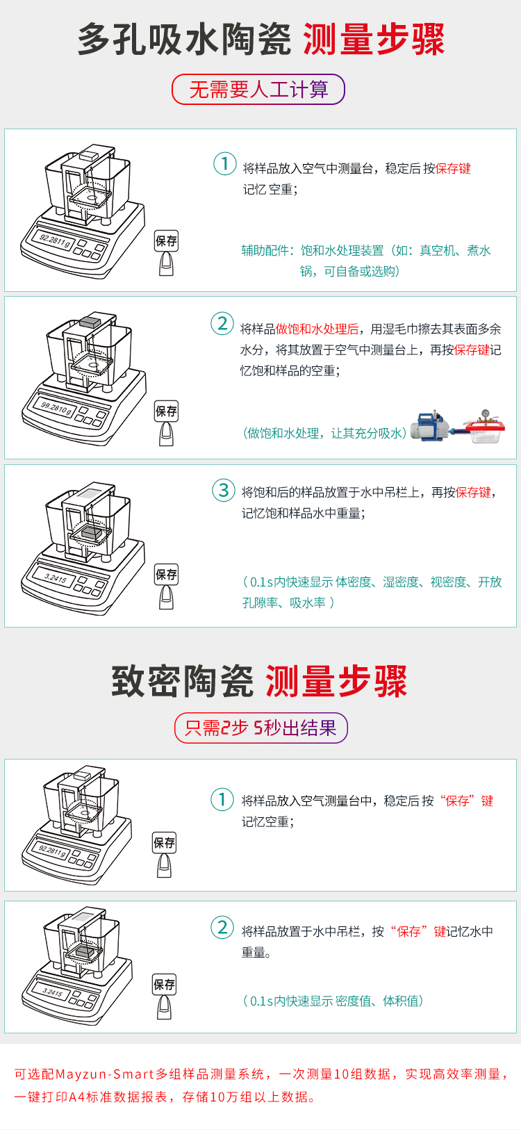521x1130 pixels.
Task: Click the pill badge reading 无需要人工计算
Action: [258, 89]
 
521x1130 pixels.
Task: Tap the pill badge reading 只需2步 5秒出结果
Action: [260, 728]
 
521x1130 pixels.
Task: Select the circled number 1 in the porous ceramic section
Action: [224, 163]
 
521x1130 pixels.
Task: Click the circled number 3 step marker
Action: [224, 490]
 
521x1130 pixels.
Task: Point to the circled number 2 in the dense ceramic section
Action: [222, 927]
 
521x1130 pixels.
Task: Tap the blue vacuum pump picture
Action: [433, 425]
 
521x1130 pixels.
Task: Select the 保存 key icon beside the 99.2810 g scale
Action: [166, 424]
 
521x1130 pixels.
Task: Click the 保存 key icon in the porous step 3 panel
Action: [166, 587]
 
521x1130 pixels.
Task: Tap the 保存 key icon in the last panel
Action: [164, 997]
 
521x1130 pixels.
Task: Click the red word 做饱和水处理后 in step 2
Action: [317, 329]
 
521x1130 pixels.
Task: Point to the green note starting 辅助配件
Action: [365, 261]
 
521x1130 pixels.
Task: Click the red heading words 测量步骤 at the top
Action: [374, 39]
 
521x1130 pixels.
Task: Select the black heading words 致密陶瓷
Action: [183, 681]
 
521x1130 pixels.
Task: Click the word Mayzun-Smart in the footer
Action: [105, 1074]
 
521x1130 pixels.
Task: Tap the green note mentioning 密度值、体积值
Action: [333, 1001]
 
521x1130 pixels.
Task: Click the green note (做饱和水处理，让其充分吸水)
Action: [325, 434]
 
